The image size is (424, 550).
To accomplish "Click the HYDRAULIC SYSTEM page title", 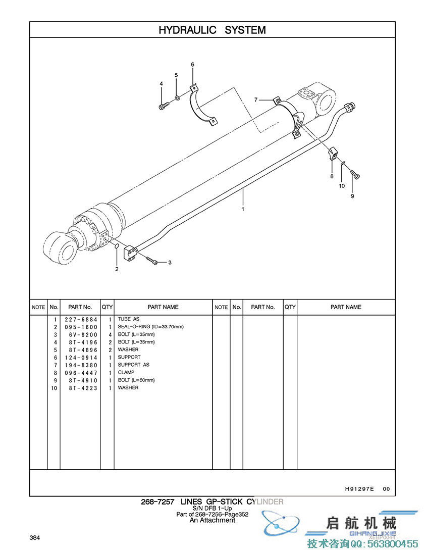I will pyautogui.click(x=212, y=30).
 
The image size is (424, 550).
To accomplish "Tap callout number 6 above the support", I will pyautogui.click(x=192, y=64).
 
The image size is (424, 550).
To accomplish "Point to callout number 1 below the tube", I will pyautogui.click(x=243, y=209).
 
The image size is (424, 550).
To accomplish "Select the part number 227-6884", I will pyautogui.click(x=81, y=319).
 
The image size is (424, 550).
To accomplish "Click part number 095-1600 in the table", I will pyautogui.click(x=81, y=327).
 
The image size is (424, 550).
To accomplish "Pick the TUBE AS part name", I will pyautogui.click(x=129, y=319).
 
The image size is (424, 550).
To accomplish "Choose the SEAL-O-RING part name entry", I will pyautogui.click(x=150, y=327).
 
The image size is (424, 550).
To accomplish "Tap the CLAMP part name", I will pyautogui.click(x=126, y=372).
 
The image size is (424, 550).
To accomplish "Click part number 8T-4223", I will pyautogui.click(x=81, y=388).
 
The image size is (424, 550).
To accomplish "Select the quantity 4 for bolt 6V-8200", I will pyautogui.click(x=110, y=334).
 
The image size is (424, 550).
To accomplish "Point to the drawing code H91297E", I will pyautogui.click(x=359, y=489).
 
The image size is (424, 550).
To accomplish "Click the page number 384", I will pyautogui.click(x=35, y=537).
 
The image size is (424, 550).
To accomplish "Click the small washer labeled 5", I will pyautogui.click(x=177, y=97).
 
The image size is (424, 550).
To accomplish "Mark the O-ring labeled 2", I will pyautogui.click(x=117, y=246).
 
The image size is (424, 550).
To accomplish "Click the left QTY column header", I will pyautogui.click(x=108, y=307).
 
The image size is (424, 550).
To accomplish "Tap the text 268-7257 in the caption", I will pyautogui.click(x=157, y=502).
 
